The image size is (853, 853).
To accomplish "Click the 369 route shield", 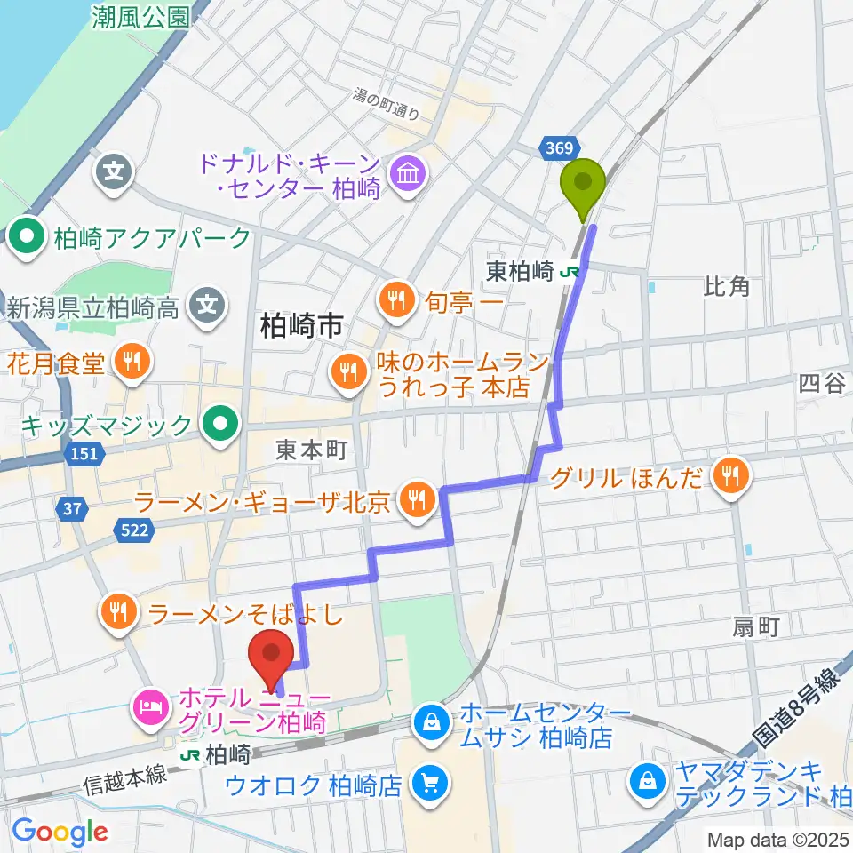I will coord(561,148).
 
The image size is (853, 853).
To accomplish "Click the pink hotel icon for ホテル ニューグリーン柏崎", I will coord(147,707).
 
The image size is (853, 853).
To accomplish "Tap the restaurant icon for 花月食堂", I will coord(132,362).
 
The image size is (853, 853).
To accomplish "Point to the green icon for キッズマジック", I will coord(219,424).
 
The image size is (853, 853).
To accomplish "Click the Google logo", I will coord(60,831).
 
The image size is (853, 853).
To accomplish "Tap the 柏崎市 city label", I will coord(301,327).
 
